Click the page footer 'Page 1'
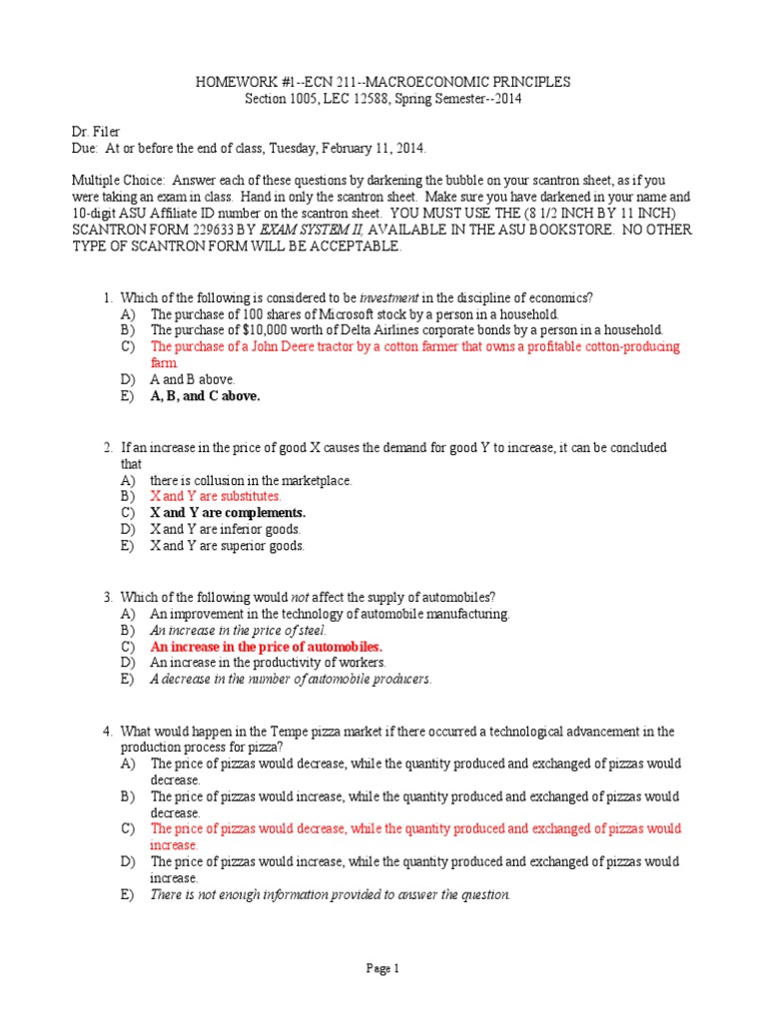pyautogui.click(x=383, y=967)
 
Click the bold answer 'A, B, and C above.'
pyautogui.click(x=205, y=395)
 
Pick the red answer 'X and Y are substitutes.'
pyautogui.click(x=216, y=496)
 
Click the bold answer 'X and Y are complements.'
pyautogui.click(x=228, y=513)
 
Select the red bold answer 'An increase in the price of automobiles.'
pyautogui.click(x=267, y=646)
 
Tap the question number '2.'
pyautogui.click(x=109, y=447)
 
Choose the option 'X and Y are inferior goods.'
pyautogui.click(x=225, y=529)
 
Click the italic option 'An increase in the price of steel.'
pyautogui.click(x=238, y=630)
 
